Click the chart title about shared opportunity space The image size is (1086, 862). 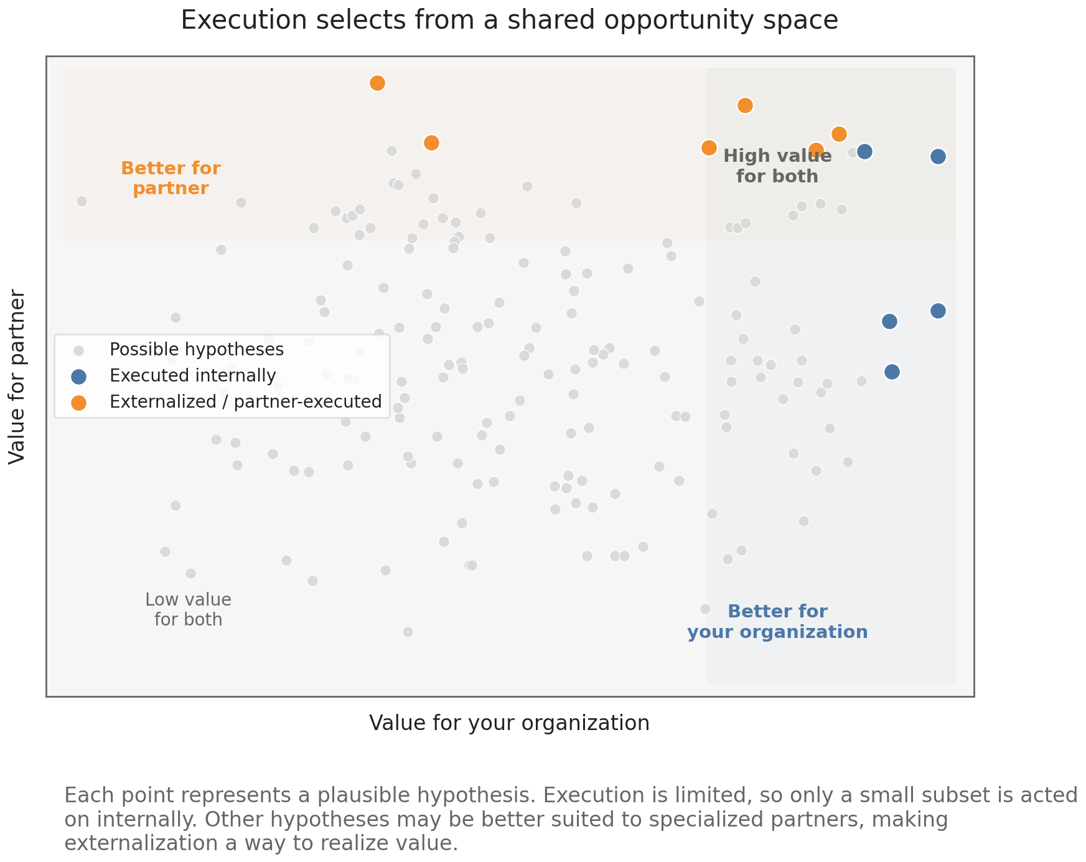(509, 21)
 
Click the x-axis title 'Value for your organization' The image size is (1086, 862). (509, 723)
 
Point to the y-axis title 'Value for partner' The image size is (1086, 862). (17, 377)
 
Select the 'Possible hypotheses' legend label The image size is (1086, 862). (197, 349)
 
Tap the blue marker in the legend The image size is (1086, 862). (78, 376)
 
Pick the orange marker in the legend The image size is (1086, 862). (78, 402)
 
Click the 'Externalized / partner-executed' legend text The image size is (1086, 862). (245, 401)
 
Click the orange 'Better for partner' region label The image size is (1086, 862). (171, 178)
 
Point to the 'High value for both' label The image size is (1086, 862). (777, 166)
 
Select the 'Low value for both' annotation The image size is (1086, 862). (188, 609)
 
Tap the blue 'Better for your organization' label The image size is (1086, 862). (777, 622)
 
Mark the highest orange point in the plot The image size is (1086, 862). (377, 83)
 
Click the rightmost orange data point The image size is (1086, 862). (839, 134)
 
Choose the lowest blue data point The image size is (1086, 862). (892, 372)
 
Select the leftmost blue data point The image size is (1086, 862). (864, 151)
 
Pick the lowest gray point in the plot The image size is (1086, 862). (408, 632)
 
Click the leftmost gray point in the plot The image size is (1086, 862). (82, 201)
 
